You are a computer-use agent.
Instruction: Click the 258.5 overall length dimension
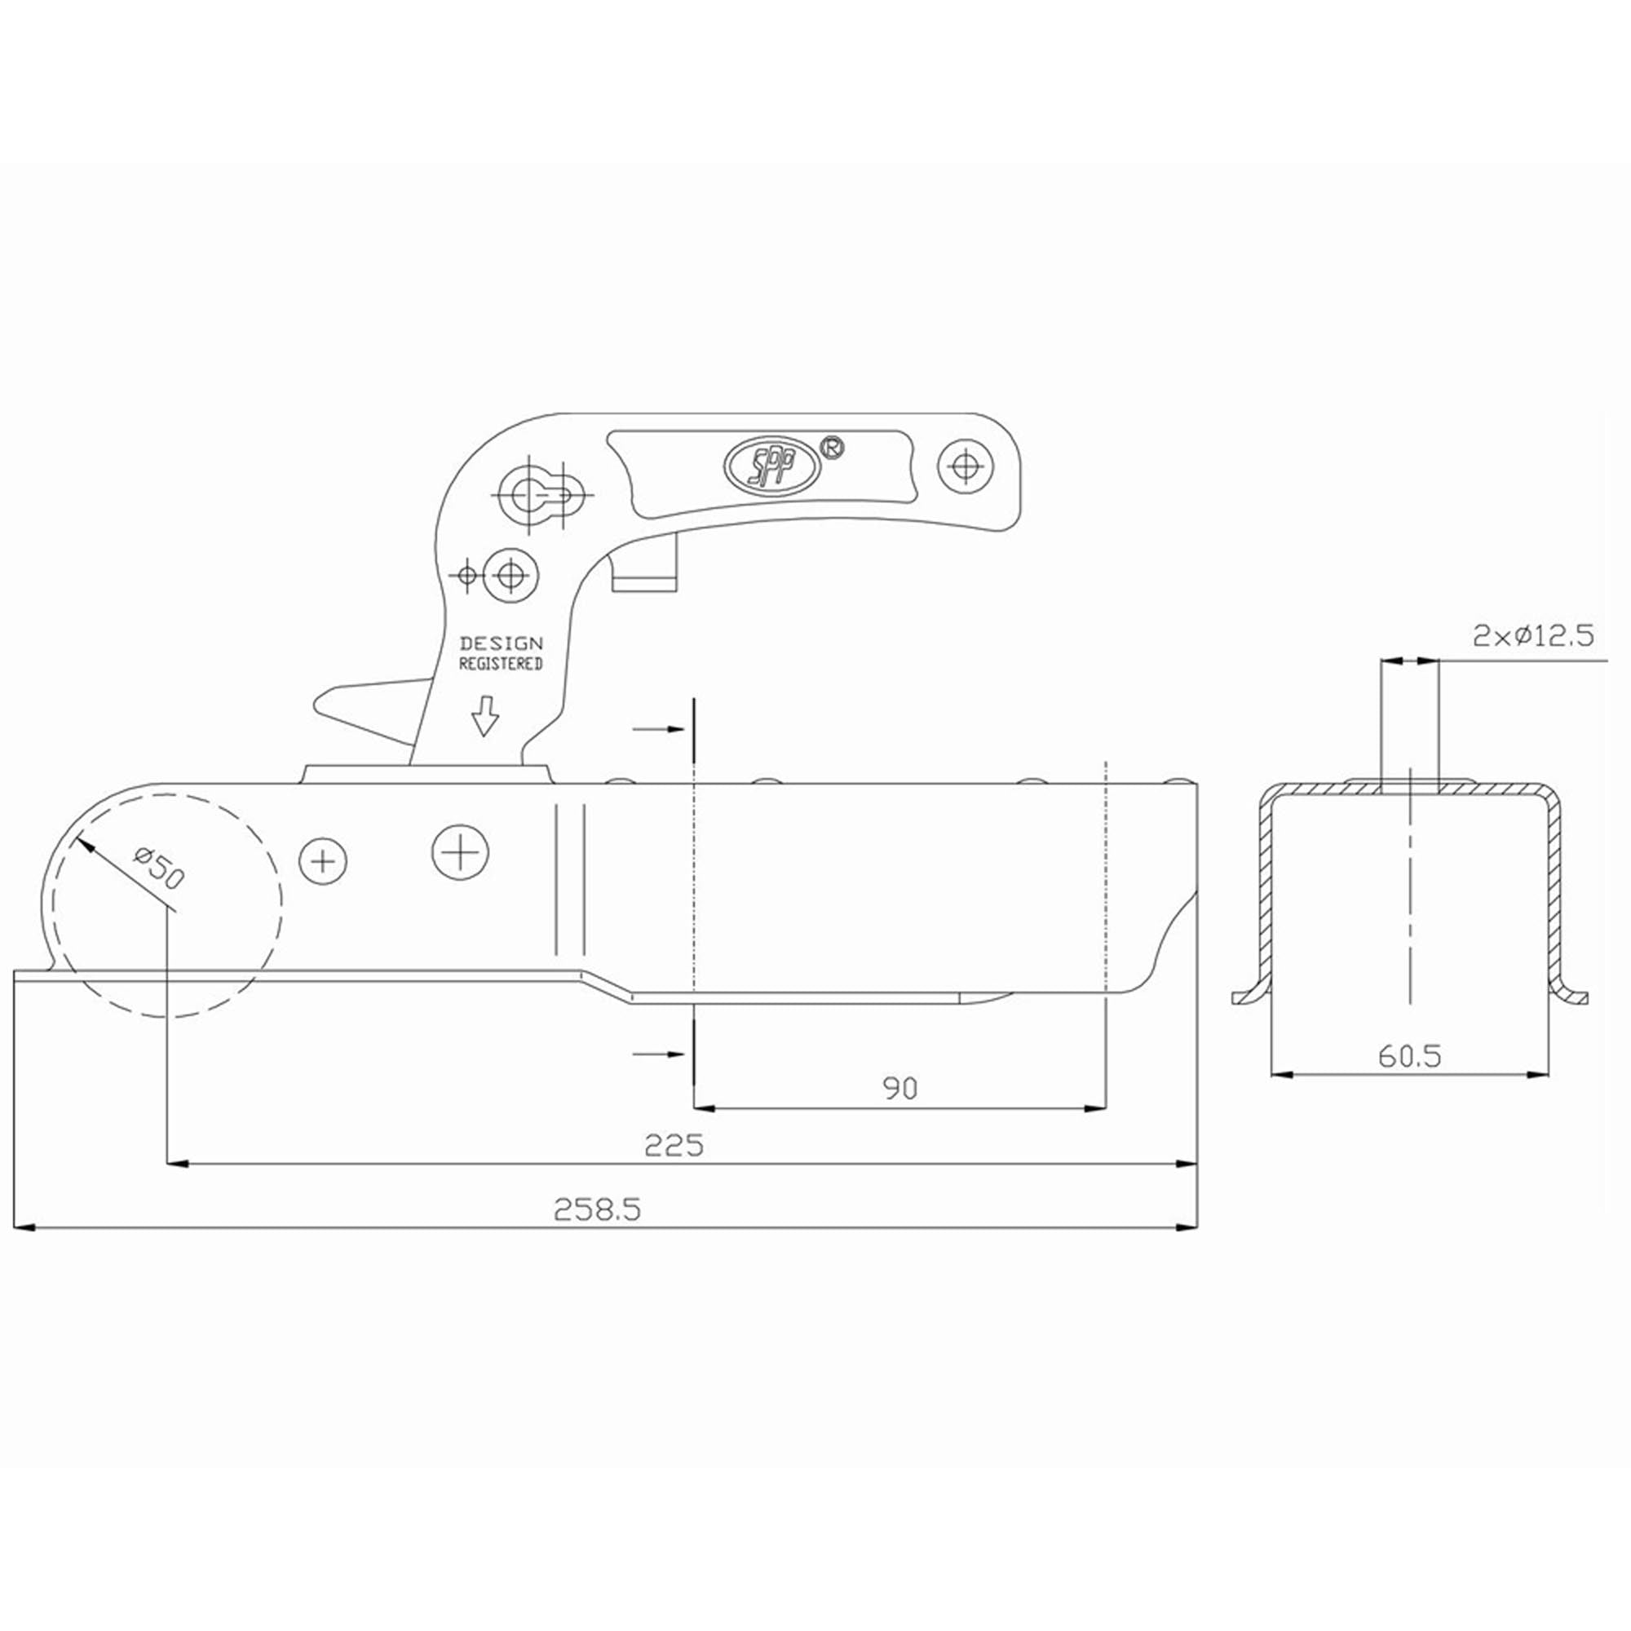pos(597,1209)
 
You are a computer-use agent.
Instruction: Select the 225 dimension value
pos(673,1146)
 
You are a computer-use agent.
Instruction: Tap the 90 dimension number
pos(900,1088)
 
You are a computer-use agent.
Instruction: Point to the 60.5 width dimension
pos(1410,1055)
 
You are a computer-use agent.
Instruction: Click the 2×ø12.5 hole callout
pos(1532,634)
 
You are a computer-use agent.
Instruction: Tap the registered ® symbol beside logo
pos(833,448)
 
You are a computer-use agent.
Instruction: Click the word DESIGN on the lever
pos(502,644)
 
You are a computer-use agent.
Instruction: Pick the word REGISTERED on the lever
pos(501,664)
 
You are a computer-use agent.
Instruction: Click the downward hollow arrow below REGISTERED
pos(484,716)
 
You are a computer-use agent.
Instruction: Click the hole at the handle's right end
pos(966,465)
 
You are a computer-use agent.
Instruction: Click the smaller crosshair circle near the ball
pos(323,861)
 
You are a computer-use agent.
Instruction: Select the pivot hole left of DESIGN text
pos(509,576)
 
